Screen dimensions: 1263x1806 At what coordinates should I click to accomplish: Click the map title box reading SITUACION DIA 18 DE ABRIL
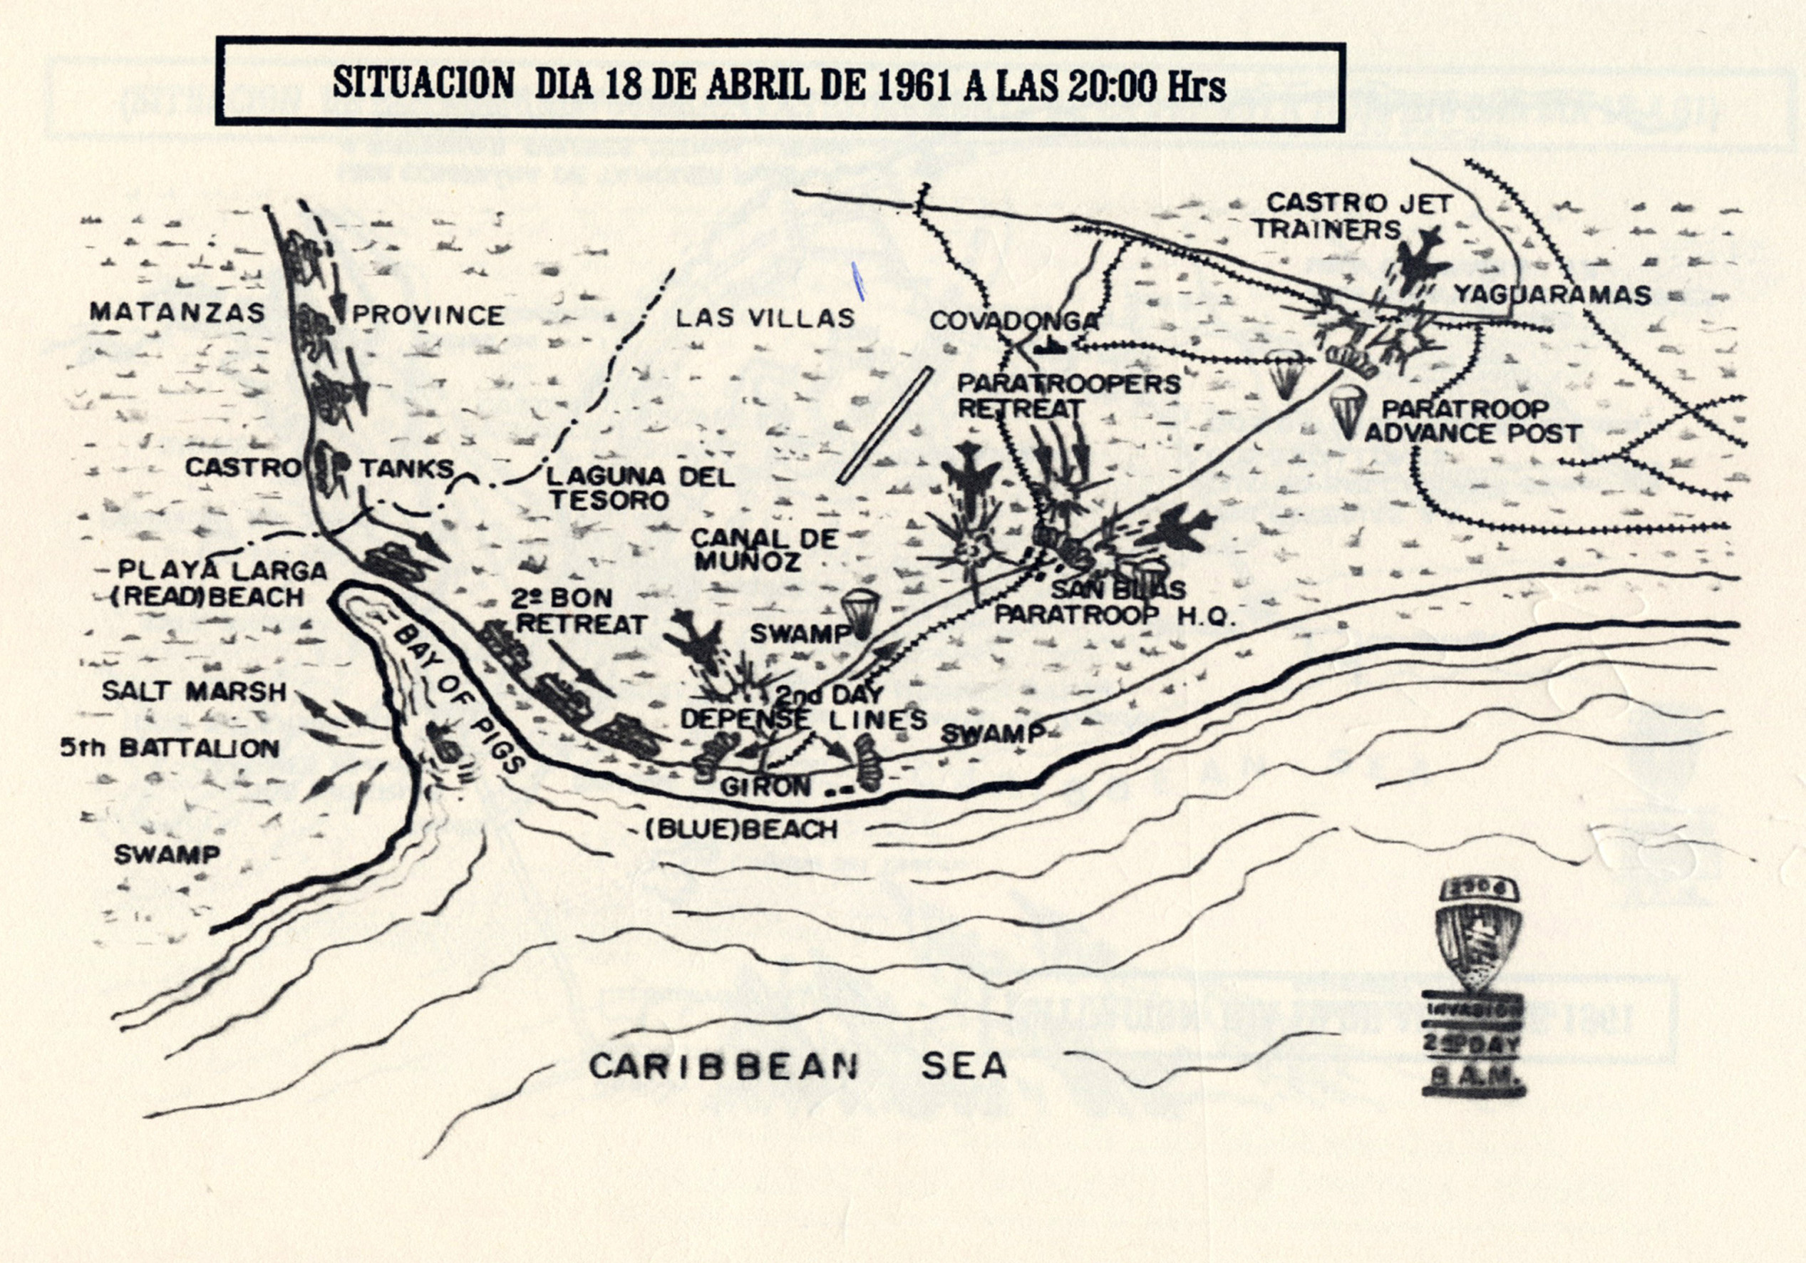coord(779,84)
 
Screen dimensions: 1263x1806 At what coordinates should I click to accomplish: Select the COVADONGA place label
coord(1013,321)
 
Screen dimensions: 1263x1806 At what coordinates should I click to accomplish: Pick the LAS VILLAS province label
coord(765,319)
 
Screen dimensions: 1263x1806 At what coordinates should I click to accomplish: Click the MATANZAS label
coord(177,312)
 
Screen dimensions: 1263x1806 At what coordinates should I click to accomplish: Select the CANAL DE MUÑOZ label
coord(753,549)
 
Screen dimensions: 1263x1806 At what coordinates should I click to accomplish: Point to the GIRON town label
coord(765,786)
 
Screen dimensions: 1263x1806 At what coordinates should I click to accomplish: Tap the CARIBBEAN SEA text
coord(797,1066)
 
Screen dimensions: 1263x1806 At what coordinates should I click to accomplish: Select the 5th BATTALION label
coord(169,748)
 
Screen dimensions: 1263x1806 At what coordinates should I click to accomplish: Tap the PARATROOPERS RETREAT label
coord(1068,396)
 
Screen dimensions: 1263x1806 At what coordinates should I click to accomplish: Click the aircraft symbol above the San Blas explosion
coord(972,474)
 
